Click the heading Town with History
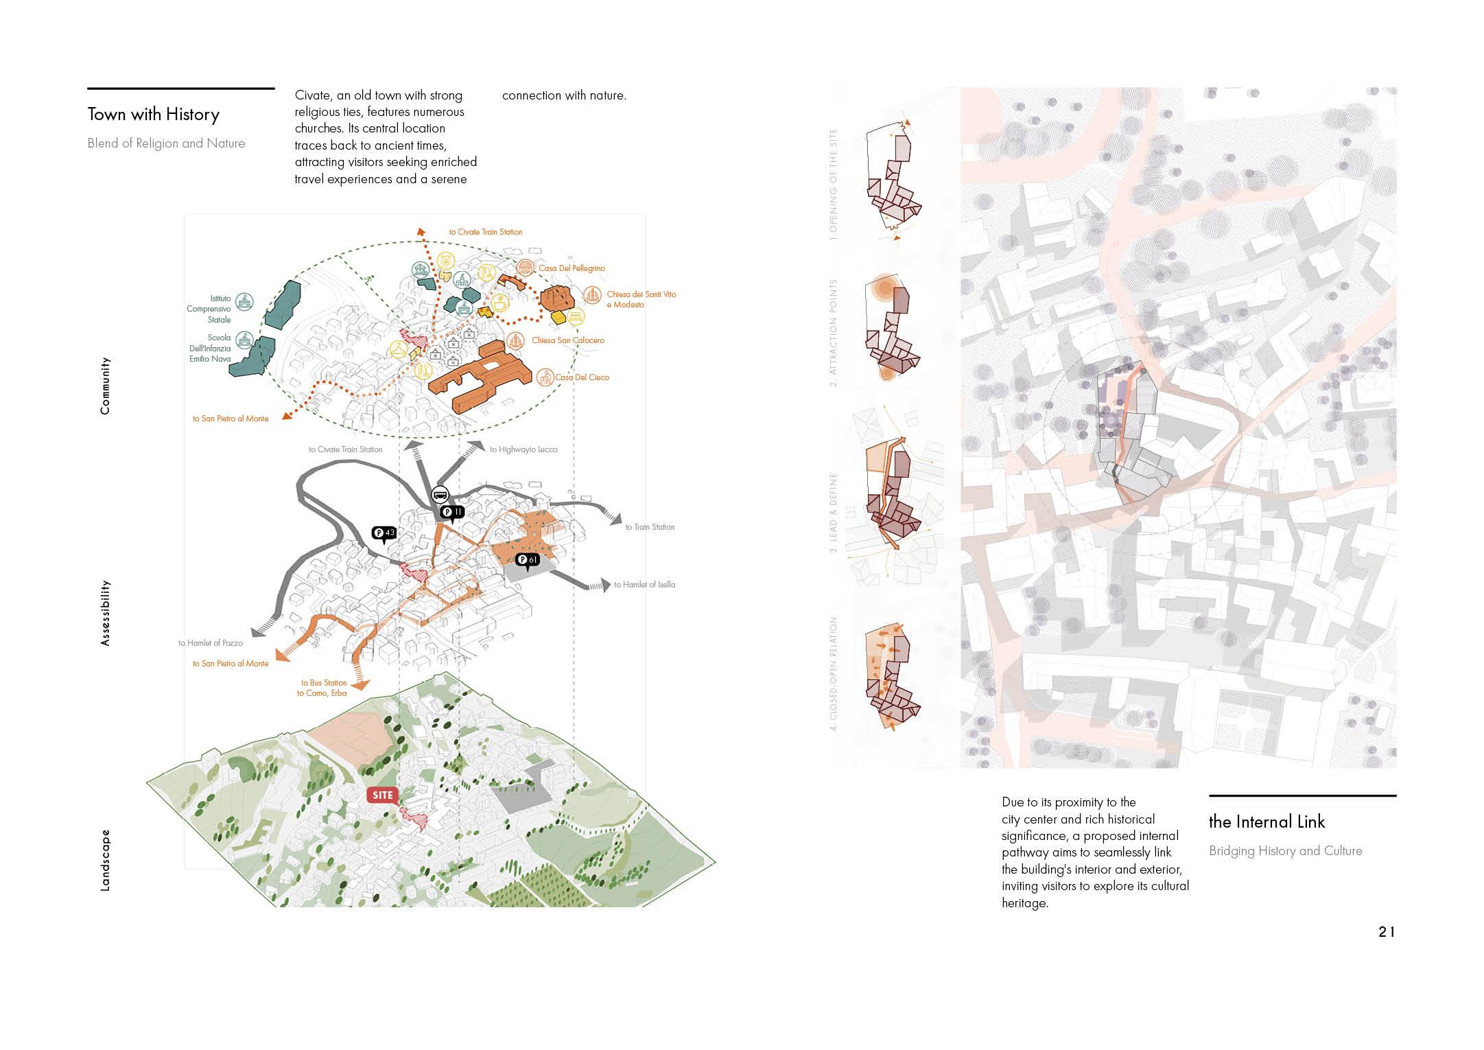153,115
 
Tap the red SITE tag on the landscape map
382,795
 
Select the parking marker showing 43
384,533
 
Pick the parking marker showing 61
528,561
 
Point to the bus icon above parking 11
440,494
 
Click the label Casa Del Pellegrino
572,268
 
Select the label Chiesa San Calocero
567,340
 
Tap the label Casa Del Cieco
582,377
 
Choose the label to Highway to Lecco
523,450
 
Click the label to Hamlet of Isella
644,585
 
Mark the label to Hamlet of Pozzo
211,643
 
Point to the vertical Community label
105,386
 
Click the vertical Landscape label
105,861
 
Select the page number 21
1387,932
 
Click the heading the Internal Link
1267,822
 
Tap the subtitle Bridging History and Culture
1285,851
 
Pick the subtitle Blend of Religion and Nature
166,143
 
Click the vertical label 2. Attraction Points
834,333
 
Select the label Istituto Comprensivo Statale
209,310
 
